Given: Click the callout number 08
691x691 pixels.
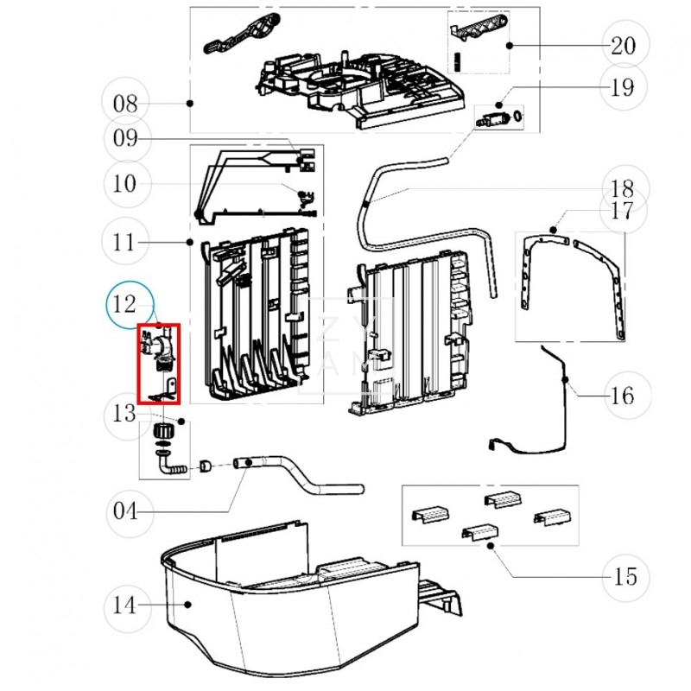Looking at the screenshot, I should (125, 104).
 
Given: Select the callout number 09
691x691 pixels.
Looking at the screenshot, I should (126, 138).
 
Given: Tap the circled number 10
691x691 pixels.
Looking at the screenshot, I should (126, 183).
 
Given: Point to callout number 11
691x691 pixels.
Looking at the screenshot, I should (126, 243).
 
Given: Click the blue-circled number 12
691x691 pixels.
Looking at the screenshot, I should (127, 304).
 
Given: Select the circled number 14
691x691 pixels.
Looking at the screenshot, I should (125, 605).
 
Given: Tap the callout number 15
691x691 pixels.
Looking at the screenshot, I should (624, 576).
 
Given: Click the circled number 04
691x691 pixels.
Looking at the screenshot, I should (125, 511).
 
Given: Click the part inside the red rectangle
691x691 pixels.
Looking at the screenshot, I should (158, 363).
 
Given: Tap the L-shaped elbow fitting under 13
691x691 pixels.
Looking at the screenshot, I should (169, 466).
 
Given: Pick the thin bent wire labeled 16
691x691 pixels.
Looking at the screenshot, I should (553, 406).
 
